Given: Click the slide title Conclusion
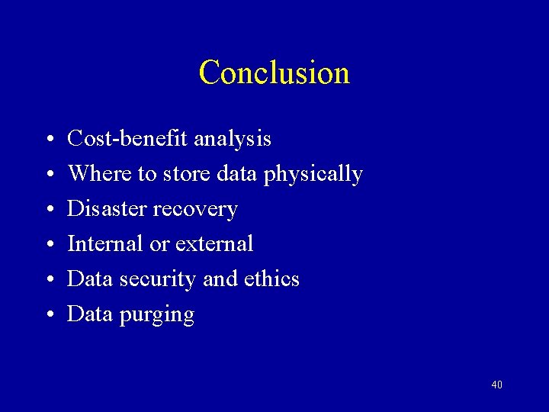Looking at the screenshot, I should click(274, 72).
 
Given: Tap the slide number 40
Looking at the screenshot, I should click(496, 385).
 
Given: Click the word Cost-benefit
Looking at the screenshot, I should click(127, 139).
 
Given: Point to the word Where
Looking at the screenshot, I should click(100, 174).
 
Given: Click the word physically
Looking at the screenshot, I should click(313, 175).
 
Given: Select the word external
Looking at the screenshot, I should click(214, 244).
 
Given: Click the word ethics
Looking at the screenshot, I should click(271, 279).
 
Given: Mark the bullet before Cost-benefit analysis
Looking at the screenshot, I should click(48, 140).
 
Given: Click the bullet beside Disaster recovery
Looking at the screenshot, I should click(48, 211).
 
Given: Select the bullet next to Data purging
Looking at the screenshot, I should click(48, 316).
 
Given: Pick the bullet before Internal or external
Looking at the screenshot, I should click(48, 246).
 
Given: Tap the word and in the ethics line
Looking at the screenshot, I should click(220, 279).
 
